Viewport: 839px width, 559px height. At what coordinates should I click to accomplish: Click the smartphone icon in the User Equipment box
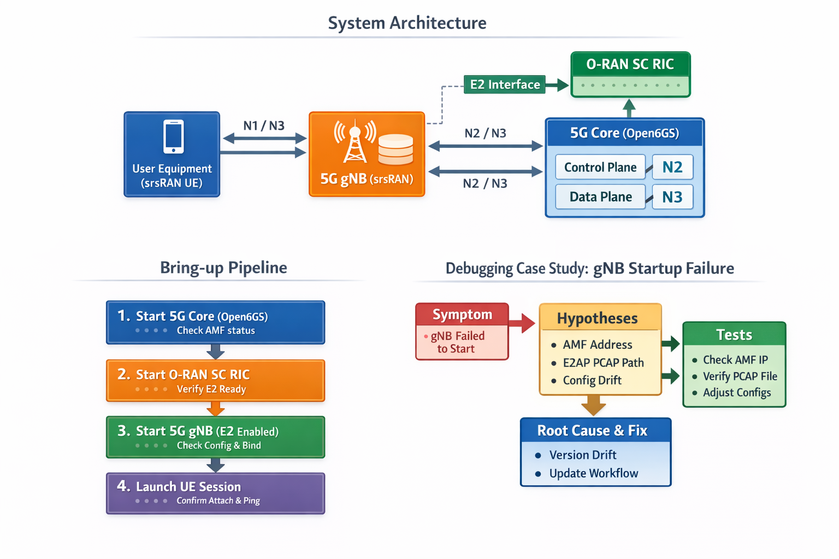tap(173, 136)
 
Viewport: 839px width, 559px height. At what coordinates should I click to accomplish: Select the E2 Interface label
tap(504, 85)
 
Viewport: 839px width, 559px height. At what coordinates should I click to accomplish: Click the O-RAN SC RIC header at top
tap(630, 64)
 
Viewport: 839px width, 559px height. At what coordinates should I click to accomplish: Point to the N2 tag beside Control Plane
tap(672, 167)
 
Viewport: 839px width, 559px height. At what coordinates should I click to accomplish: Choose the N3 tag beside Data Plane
tap(672, 197)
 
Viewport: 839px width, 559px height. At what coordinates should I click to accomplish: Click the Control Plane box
tap(600, 167)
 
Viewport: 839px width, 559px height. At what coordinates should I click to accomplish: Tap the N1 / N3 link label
tap(264, 126)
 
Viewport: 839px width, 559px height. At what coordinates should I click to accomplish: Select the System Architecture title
tap(407, 23)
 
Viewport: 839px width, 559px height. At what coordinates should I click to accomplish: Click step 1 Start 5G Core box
tap(215, 322)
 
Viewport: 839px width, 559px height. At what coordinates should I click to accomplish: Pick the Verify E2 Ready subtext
tap(211, 389)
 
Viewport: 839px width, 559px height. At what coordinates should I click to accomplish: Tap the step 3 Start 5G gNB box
tap(215, 437)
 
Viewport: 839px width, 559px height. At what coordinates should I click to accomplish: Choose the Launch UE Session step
tap(215, 493)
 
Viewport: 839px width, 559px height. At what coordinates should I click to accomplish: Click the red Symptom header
tap(462, 314)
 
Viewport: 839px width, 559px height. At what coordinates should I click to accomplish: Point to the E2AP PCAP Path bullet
tap(603, 362)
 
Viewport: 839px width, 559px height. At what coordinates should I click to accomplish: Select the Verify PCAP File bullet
tap(740, 376)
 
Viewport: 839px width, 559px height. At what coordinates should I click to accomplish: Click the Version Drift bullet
tap(582, 455)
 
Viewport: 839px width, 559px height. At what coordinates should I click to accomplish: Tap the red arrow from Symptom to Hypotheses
tap(522, 323)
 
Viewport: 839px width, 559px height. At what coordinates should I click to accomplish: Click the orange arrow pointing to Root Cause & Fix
tap(593, 406)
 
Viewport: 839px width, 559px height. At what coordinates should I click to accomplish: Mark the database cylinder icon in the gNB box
tap(395, 149)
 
